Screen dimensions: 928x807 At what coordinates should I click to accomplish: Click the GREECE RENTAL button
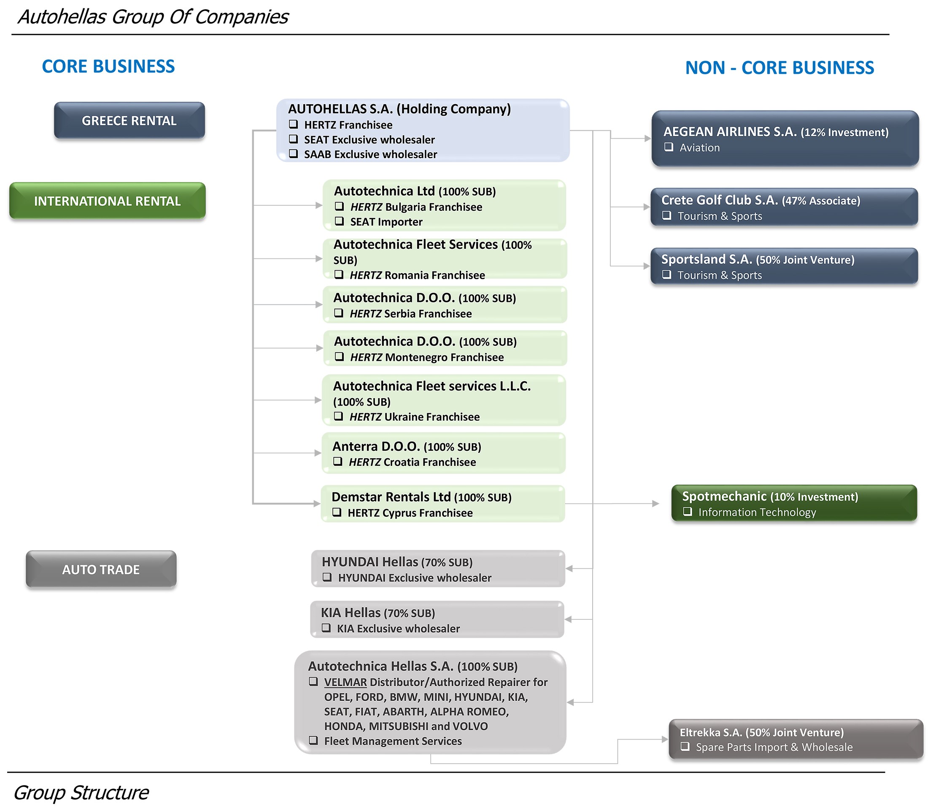click(x=129, y=120)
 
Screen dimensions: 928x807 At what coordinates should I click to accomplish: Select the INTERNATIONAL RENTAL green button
click(x=107, y=201)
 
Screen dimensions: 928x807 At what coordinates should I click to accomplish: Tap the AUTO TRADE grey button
click(x=101, y=569)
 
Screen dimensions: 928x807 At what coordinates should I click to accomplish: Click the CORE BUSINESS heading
click(x=108, y=67)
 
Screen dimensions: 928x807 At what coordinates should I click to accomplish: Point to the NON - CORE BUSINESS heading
click(x=780, y=68)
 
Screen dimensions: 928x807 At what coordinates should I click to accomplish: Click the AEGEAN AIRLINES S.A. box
click(x=785, y=139)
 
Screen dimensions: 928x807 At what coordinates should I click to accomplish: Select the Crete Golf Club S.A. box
click(x=784, y=207)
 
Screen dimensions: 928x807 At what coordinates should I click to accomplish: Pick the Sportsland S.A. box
click(x=784, y=266)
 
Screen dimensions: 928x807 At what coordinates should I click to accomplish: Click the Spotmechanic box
click(x=794, y=503)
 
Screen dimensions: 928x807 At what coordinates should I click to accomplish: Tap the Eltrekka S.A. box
click(x=796, y=740)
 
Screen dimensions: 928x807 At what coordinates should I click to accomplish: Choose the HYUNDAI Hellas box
click(x=438, y=569)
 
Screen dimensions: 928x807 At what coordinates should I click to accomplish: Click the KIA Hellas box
click(x=437, y=619)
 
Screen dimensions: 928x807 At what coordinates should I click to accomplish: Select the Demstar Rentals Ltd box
click(x=443, y=504)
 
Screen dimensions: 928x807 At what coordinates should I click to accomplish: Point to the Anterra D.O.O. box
click(x=444, y=453)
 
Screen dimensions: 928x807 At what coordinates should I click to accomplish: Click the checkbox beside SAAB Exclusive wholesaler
click(x=293, y=153)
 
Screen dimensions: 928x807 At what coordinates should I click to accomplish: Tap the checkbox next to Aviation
click(x=669, y=147)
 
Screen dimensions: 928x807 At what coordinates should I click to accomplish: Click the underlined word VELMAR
click(x=345, y=682)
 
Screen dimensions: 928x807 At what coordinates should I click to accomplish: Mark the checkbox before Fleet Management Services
click(x=313, y=740)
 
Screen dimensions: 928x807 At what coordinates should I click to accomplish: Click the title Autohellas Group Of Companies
click(x=153, y=17)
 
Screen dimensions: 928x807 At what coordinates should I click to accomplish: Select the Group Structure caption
click(x=81, y=793)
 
